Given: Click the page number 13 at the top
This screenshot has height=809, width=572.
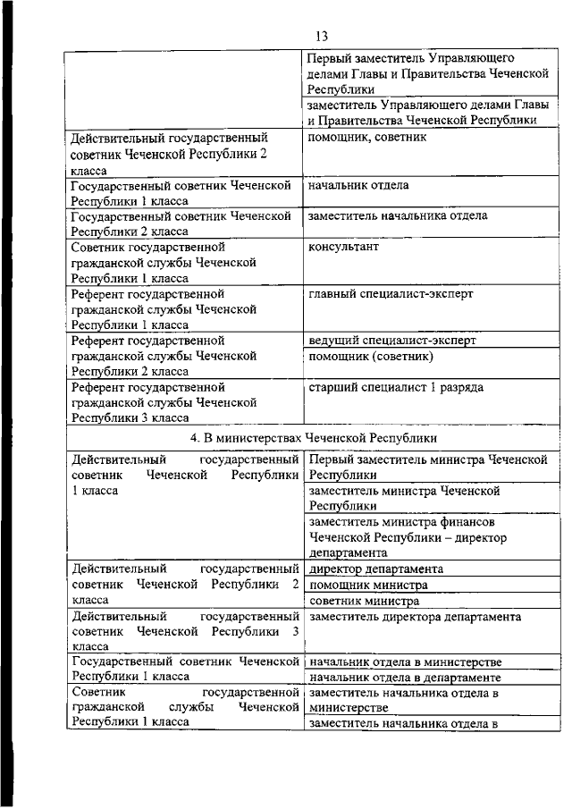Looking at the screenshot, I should tap(322, 35).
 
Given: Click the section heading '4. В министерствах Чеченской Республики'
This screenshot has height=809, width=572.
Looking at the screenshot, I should tap(313, 438).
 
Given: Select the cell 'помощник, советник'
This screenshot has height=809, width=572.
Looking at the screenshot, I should tap(366, 138).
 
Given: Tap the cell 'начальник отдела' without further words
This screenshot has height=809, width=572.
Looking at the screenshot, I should tap(358, 185).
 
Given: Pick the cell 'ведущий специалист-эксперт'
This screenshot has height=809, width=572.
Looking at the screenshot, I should tap(391, 340).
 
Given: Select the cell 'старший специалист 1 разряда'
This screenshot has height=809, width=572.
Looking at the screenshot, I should tap(396, 387).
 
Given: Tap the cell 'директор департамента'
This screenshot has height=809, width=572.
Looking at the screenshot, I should tap(376, 569).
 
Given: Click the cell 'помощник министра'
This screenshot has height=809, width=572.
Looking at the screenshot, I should tap(367, 585).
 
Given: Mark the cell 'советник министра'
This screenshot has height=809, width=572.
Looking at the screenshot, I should tap(364, 601).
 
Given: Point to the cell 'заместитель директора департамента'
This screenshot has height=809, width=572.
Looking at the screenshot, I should tap(415, 617).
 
